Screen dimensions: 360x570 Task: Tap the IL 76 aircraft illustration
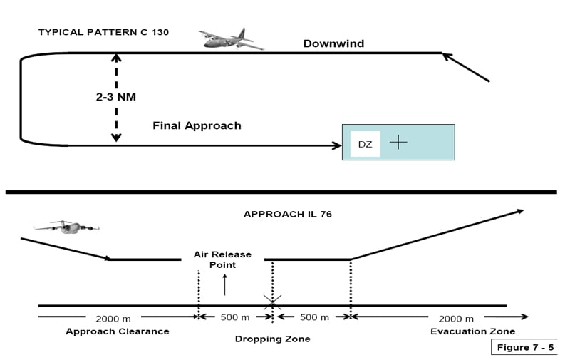[x=66, y=227]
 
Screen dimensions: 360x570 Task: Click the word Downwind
[x=333, y=43]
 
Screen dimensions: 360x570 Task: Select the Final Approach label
[x=197, y=125]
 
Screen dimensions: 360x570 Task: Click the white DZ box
[x=365, y=144]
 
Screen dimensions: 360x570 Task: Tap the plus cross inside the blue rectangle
[x=398, y=142]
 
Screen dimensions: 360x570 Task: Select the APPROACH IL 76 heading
[x=287, y=214]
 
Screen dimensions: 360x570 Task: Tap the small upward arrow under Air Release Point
[x=226, y=284]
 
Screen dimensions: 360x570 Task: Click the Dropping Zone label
[x=272, y=339]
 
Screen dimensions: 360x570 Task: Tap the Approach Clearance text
[x=118, y=331]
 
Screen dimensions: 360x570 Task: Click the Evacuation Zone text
[x=472, y=331]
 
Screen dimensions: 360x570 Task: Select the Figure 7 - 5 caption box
[x=523, y=347]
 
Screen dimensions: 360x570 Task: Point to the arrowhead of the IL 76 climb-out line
[x=519, y=210]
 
